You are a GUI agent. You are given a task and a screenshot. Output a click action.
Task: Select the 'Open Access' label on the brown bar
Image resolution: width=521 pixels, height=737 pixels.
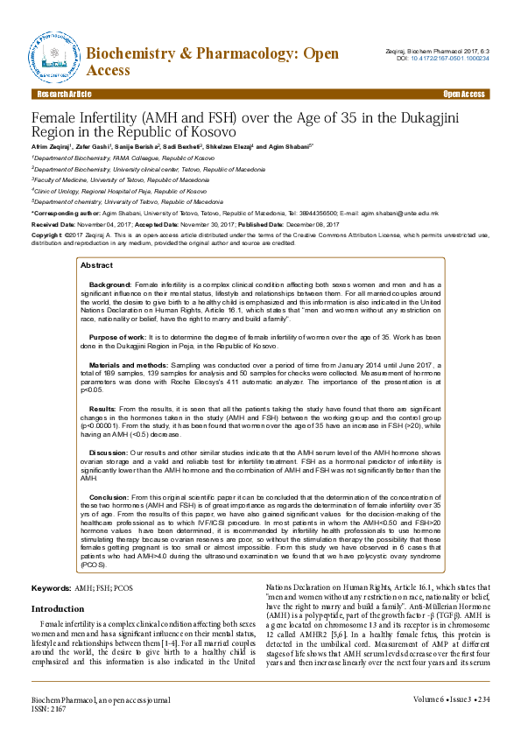(464, 94)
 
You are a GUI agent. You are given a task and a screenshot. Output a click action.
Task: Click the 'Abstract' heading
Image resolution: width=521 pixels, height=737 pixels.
(96, 241)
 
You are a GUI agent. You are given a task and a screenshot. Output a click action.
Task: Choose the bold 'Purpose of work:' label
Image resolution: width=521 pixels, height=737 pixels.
(116, 312)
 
